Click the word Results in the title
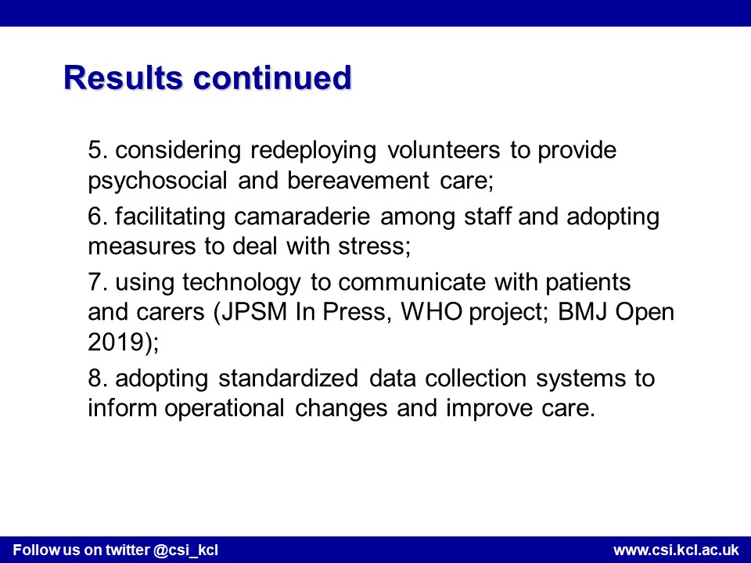coord(123,77)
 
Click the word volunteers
coord(444,150)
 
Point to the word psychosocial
coord(157,181)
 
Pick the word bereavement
coord(358,181)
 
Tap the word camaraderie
coord(302,217)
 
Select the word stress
coord(375,246)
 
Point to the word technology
coord(242,283)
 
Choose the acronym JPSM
coord(254,312)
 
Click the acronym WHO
coord(432,312)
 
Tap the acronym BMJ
coord(582,312)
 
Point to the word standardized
coord(289,378)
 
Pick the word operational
coord(225,409)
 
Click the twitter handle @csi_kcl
coord(186,550)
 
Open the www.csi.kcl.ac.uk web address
coord(676,550)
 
